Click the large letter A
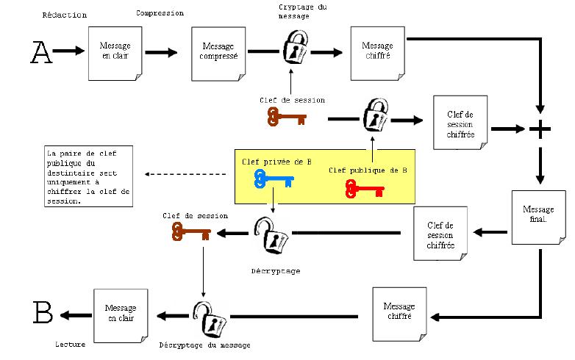coord(42,52)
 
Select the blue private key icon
coord(273,179)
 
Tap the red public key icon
coord(364,190)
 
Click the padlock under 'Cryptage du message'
coord(294,47)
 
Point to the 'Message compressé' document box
coord(218,52)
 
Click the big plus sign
coord(540,130)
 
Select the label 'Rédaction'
coord(65,15)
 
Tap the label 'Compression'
coord(159,13)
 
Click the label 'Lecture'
coord(71,343)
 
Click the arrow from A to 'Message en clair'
coord(70,51)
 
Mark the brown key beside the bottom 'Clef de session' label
coord(190,233)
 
